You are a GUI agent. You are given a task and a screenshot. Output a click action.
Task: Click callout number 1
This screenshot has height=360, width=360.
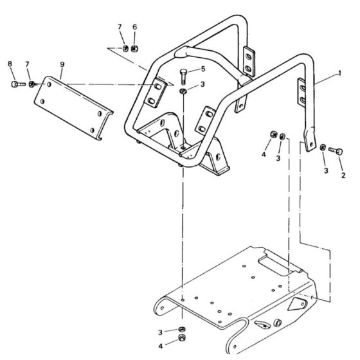coord(340,73)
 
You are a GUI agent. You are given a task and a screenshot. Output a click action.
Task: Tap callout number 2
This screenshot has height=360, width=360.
coord(343,175)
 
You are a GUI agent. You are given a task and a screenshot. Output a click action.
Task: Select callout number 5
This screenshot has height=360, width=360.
coord(203,69)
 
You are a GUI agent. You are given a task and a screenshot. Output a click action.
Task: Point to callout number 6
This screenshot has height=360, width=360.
coord(135,27)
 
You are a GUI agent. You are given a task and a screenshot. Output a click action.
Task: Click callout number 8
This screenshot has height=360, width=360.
coord(10,64)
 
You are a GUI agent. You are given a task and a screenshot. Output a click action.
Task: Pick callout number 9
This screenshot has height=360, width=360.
coord(62,64)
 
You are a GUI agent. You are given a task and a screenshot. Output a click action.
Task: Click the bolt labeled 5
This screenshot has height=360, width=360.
coord(183,76)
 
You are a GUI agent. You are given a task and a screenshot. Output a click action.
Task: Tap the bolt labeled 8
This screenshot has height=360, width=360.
coord(18,84)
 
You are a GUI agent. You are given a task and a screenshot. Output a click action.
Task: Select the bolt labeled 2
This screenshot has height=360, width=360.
coord(336,151)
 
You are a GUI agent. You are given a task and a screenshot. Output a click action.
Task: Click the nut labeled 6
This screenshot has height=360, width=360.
coord(134,49)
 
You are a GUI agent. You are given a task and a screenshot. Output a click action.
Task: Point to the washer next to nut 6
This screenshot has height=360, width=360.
coord(125,48)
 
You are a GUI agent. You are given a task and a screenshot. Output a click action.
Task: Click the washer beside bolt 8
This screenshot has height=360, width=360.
coord(32,84)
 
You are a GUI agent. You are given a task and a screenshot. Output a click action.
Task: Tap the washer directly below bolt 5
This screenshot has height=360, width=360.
coord(183,91)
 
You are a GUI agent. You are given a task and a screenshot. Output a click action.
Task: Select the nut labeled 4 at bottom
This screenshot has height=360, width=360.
coord(182,337)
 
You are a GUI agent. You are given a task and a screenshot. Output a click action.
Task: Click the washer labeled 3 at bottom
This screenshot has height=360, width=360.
coord(182,329)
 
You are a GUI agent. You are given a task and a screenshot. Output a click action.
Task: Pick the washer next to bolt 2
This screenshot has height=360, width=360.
coord(323,147)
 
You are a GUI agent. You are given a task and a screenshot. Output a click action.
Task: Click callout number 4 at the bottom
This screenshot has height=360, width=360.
coord(161,346)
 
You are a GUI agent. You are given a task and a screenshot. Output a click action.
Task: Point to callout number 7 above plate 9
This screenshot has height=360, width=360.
coord(27,64)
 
